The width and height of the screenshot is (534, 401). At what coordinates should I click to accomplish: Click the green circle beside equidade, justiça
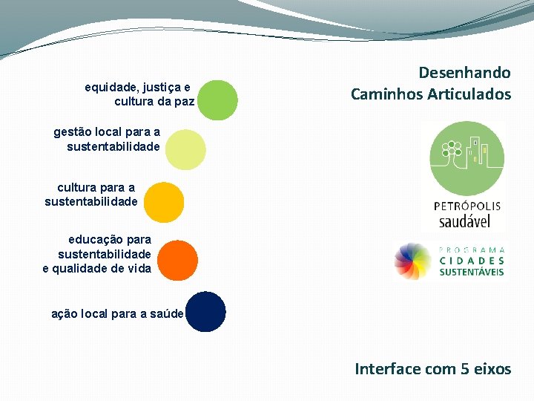pos(218,100)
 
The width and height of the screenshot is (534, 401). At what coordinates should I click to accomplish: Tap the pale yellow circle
pos(185,149)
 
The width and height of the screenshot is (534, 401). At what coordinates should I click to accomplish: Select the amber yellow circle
pos(163,202)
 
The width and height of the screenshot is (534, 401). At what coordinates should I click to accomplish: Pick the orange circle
pos(178,261)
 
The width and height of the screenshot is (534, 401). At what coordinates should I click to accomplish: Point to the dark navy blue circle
pos(205,312)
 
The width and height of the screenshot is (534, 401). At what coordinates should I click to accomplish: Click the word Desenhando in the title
pos(464,73)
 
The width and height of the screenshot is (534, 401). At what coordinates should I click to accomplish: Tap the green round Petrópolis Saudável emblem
pos(467,159)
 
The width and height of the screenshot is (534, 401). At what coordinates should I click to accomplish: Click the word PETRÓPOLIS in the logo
pos(467,206)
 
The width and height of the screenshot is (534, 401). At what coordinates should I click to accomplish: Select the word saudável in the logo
pos(470,221)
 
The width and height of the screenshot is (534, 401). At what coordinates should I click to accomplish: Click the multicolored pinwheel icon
pos(413,261)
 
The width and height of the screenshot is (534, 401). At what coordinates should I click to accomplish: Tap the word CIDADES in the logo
pos(472,261)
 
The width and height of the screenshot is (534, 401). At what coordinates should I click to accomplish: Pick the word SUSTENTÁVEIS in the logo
pos(472,273)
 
